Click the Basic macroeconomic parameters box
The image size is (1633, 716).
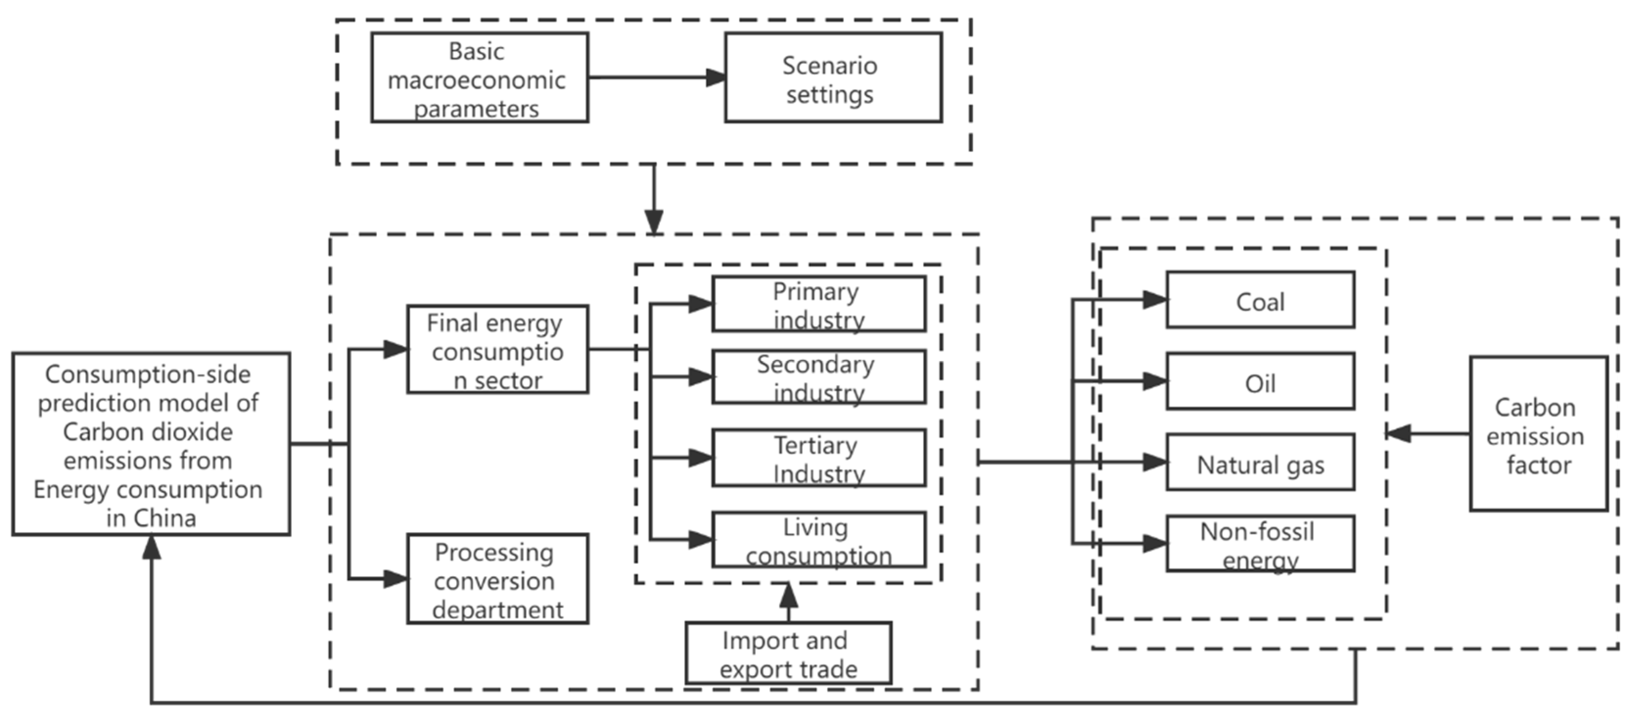pos(479,77)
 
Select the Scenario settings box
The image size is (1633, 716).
pos(833,77)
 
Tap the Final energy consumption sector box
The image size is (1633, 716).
pos(498,350)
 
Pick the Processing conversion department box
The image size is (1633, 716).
pos(498,578)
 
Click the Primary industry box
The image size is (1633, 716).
pos(818,304)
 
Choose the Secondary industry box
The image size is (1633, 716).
pos(818,377)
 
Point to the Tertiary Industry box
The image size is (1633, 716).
pos(818,458)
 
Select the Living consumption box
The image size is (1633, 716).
pos(818,540)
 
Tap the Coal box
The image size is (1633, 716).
pos(1260,300)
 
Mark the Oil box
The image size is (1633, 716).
pos(1260,381)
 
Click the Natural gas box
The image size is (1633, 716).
pos(1260,462)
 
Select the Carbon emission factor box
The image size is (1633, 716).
pos(1539,434)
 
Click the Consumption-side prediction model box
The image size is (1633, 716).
pos(151,444)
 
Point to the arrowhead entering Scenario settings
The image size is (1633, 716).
pos(716,77)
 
